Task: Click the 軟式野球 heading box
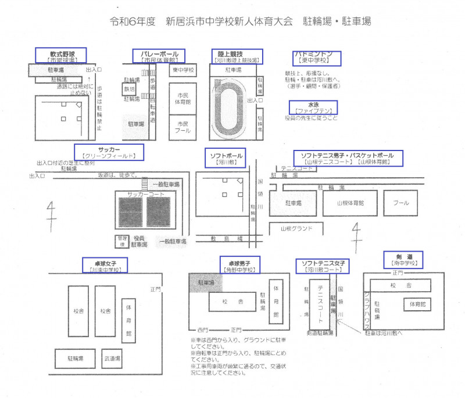point(60,55)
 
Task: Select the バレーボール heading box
point(159,56)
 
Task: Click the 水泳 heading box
point(313,107)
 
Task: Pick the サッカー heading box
point(109,152)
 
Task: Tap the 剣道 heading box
point(403,259)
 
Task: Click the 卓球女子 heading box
point(105,266)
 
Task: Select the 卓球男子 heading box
point(239,266)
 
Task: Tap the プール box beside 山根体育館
point(400,203)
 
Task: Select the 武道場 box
point(112,358)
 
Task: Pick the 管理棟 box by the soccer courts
point(121,241)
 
